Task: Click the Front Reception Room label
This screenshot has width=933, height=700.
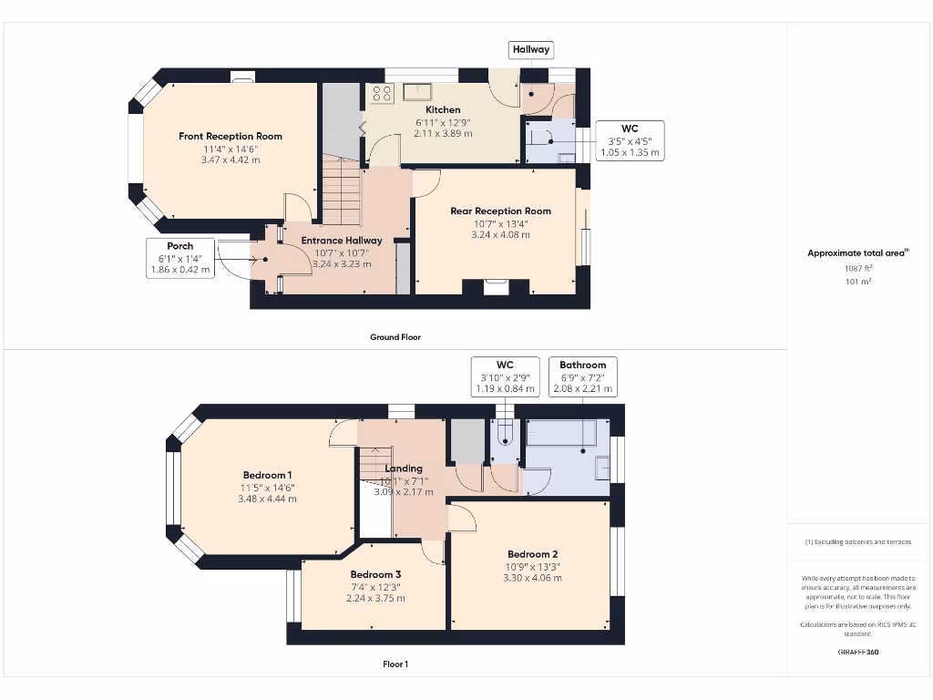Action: click(231, 136)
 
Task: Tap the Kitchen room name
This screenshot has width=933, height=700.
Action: click(444, 109)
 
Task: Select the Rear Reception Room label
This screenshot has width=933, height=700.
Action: click(500, 211)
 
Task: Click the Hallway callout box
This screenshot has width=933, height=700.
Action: click(531, 49)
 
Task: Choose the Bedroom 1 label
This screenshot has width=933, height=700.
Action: click(267, 474)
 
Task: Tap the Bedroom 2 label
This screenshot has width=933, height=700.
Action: click(532, 553)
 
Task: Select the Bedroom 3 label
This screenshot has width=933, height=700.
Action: click(375, 574)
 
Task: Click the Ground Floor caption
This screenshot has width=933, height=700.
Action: click(395, 337)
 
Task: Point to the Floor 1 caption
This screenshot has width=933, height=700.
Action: click(395, 664)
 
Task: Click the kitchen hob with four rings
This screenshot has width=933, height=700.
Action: click(381, 91)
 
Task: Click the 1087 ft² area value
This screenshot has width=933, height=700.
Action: click(857, 268)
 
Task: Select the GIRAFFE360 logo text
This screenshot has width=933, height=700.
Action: click(857, 653)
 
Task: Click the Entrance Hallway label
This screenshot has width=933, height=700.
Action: click(342, 241)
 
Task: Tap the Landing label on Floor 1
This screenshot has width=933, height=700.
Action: click(405, 468)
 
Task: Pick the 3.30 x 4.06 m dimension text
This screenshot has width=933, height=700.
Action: click(532, 577)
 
